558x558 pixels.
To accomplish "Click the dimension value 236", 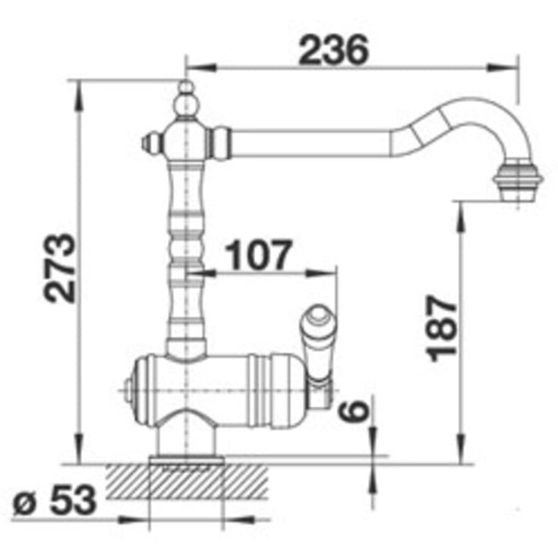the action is pos(333,50).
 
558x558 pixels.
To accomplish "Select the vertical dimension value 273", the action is pos(59,268).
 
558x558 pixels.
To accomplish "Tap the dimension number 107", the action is pos(259,255).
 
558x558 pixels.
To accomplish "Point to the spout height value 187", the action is pos(442,328).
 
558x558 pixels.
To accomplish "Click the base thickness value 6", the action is pos(353,411).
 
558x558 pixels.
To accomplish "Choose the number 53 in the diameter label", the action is pos(74,500).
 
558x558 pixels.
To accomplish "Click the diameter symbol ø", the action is pos(25,503).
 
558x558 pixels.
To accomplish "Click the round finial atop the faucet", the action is pos(186,99).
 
